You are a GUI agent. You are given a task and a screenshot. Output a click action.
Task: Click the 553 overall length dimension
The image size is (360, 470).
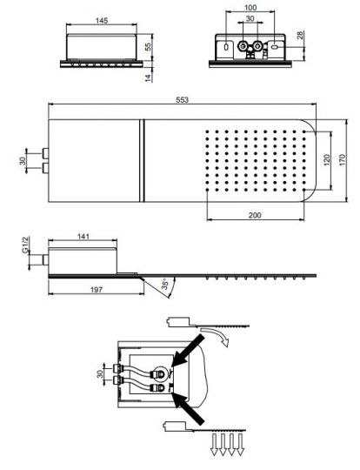tap(182, 100)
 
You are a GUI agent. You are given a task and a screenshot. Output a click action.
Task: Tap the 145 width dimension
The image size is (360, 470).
tap(102, 21)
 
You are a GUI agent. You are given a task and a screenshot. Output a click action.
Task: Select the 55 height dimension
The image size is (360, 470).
tap(148, 46)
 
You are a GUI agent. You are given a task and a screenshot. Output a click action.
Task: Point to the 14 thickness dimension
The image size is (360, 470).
tap(148, 77)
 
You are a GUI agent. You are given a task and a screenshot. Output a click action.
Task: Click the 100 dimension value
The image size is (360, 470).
tap(250, 8)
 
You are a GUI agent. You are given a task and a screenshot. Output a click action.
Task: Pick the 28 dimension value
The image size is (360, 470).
tap(300, 35)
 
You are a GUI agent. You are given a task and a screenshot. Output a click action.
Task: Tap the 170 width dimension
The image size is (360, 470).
tap(343, 160)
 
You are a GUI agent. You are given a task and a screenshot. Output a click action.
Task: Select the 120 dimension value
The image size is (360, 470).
tap(327, 160)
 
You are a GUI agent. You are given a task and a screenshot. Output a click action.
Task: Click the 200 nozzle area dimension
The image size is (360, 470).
tap(255, 215)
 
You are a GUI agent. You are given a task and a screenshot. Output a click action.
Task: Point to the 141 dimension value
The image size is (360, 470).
tap(83, 237)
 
